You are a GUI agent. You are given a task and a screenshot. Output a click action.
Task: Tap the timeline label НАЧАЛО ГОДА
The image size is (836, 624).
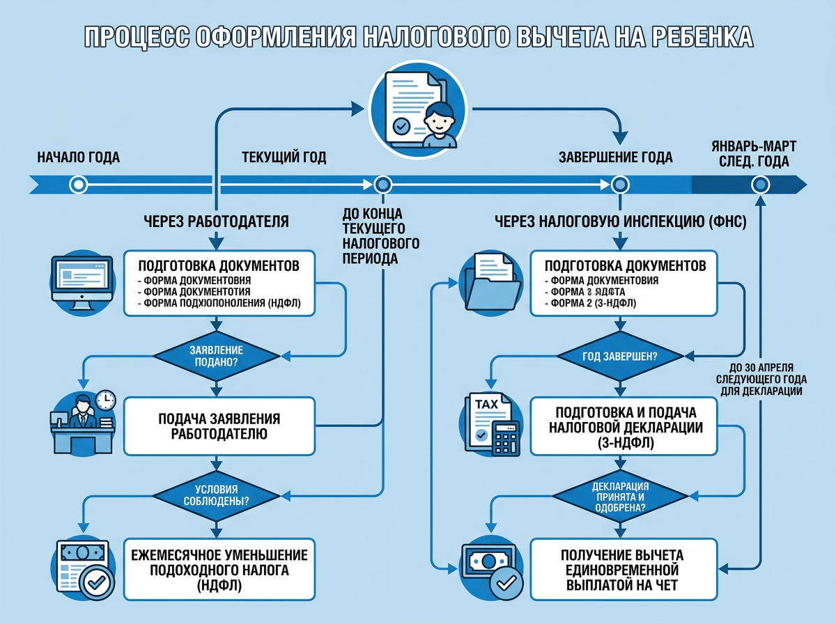[x=78, y=157]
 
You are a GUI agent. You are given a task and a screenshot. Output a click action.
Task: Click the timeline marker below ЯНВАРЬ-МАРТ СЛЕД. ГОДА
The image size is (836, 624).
[x=760, y=185]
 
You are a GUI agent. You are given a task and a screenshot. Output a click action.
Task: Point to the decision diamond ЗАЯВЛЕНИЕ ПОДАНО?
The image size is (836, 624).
[x=219, y=356]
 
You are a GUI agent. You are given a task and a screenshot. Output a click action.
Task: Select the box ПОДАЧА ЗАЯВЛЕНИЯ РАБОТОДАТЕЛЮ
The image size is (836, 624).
[x=219, y=426]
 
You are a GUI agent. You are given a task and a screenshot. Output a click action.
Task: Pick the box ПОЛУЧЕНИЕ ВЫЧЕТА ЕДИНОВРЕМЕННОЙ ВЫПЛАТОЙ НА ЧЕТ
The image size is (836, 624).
[x=621, y=569]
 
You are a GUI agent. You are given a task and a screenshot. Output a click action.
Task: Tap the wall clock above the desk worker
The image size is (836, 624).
[x=105, y=400]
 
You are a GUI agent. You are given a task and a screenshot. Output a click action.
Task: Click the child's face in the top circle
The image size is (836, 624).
[x=440, y=115]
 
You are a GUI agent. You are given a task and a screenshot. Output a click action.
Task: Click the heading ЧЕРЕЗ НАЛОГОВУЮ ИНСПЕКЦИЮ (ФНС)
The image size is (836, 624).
[x=621, y=222]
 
